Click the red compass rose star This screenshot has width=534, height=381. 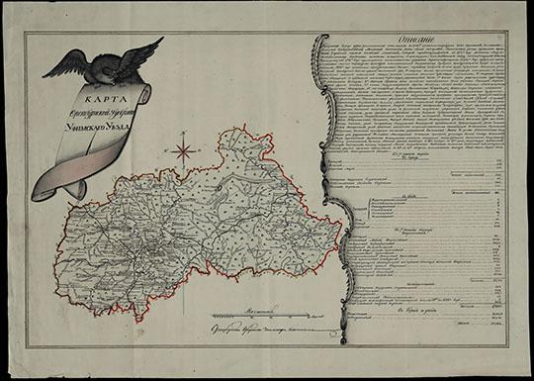click(x=183, y=151)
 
